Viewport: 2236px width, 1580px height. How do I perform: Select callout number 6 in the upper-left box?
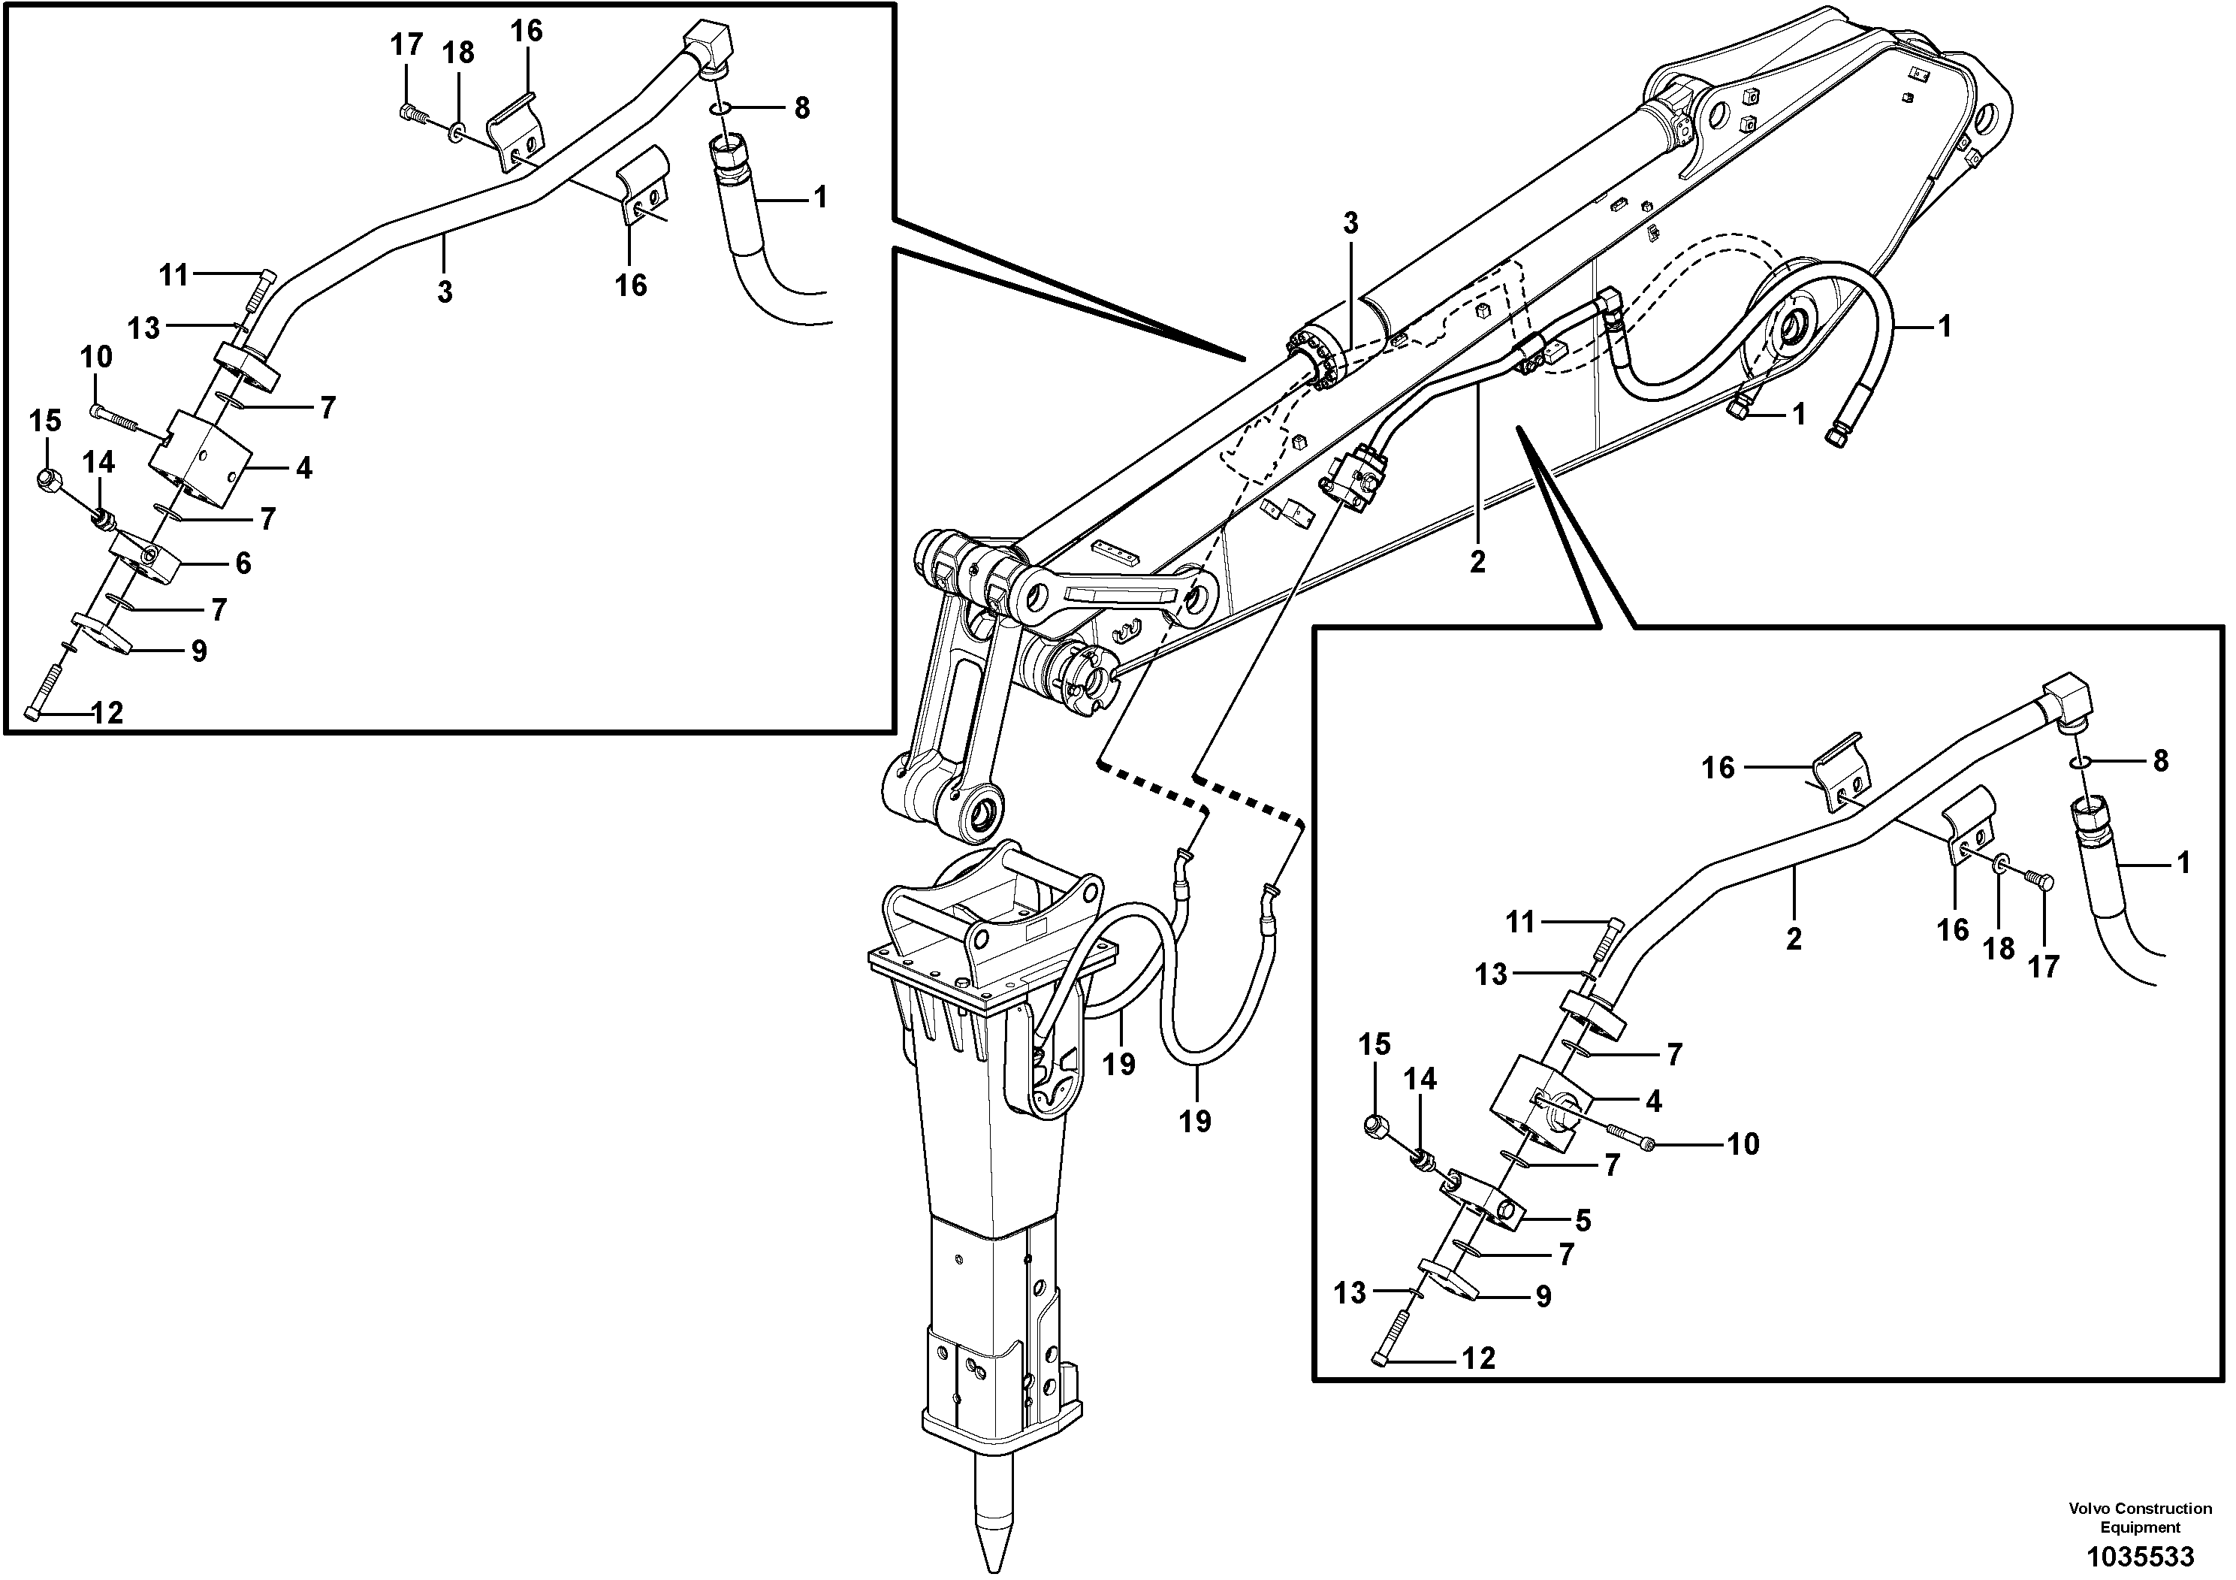pos(243,562)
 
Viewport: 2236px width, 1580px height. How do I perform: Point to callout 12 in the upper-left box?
pos(107,713)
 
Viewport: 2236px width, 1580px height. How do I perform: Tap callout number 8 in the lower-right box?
pos(2160,761)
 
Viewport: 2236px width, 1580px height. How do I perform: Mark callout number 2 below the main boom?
pos(1477,562)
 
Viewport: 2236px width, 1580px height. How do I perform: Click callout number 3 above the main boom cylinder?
pos(1350,223)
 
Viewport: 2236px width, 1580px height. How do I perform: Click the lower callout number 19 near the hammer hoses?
pos(1195,1121)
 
